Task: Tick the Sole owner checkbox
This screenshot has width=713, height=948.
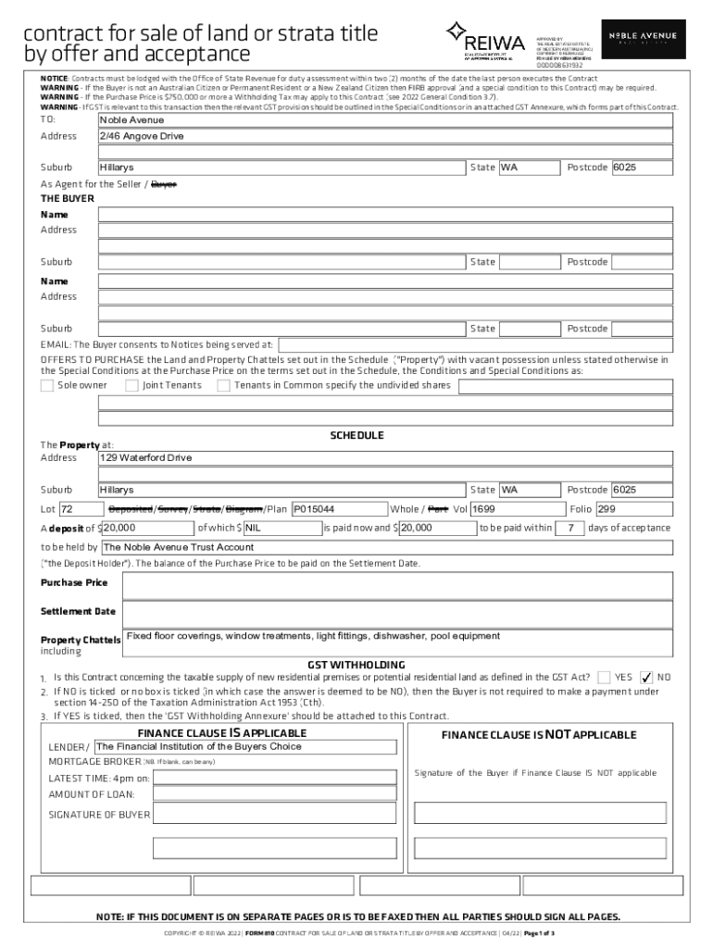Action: pos(47,385)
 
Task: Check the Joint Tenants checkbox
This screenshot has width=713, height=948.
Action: pos(132,385)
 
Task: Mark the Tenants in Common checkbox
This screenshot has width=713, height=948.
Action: pos(223,385)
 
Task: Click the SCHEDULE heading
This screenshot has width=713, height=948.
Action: pos(356,435)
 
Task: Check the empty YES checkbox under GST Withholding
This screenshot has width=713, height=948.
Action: pos(604,678)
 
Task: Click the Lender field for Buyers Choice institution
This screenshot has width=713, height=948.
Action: pos(245,747)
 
